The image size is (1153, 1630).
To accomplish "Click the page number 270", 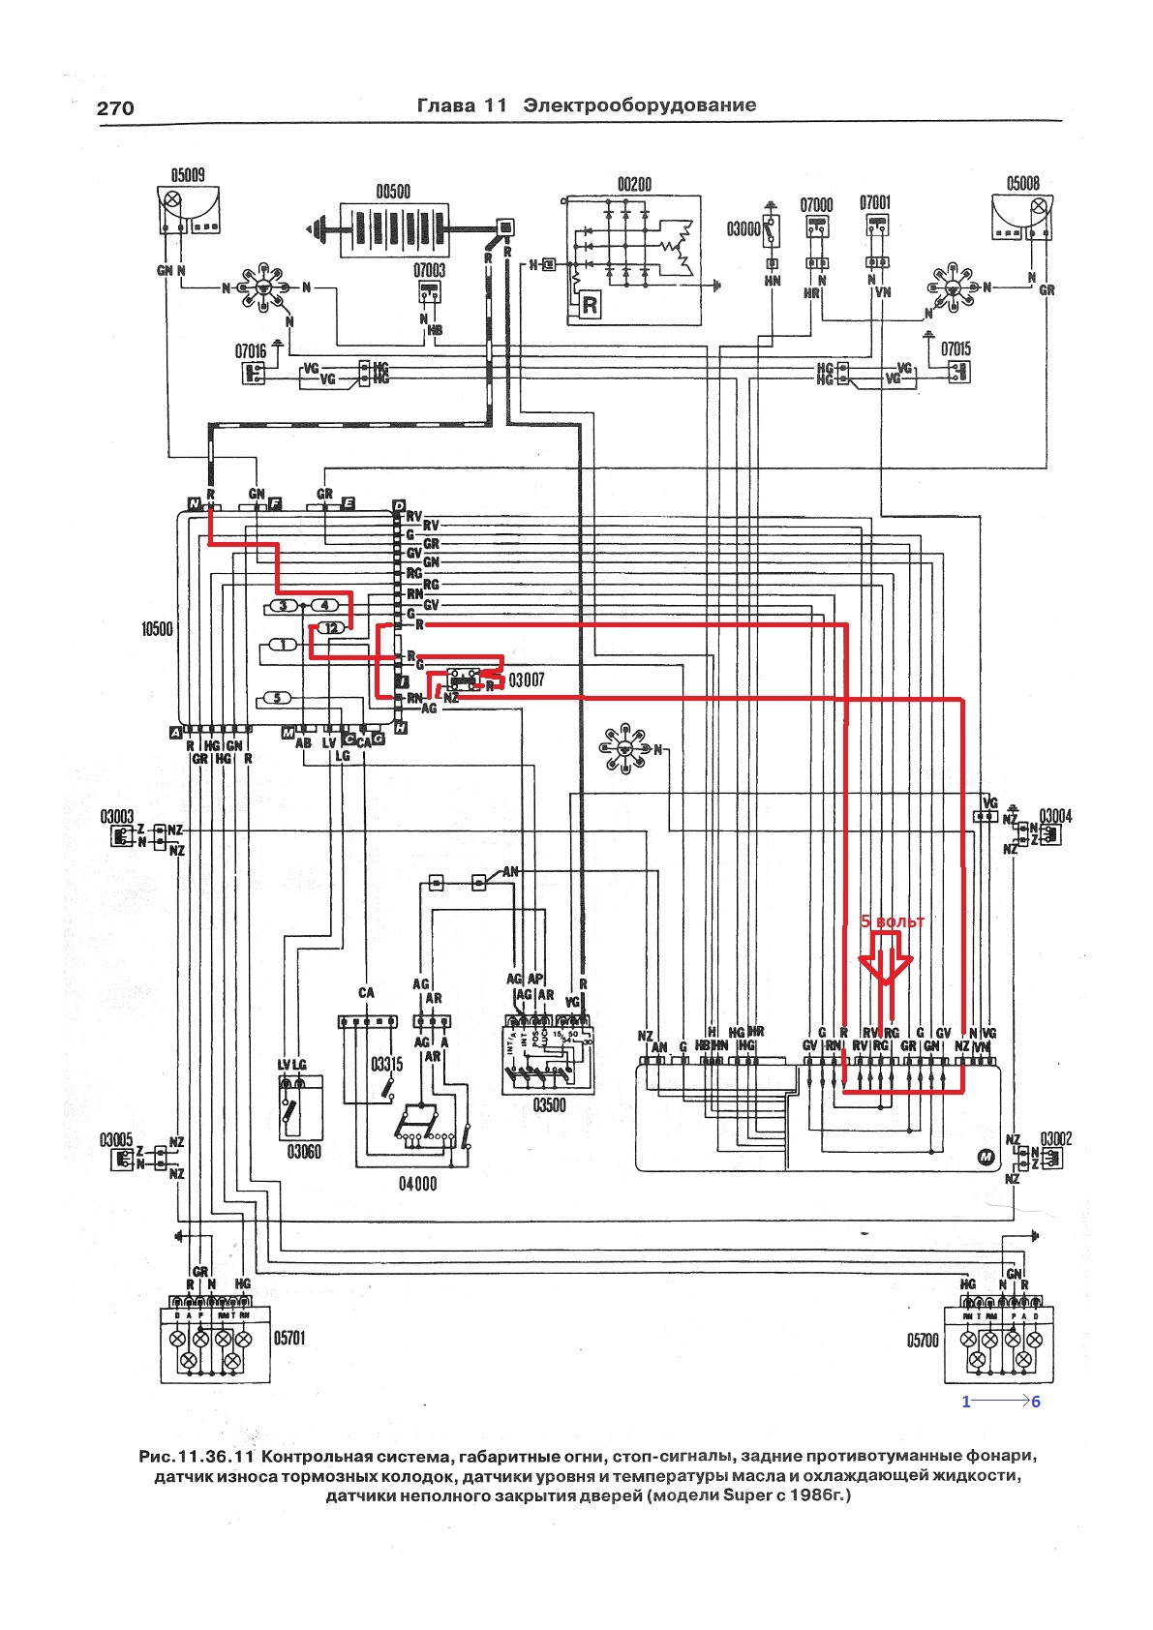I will coord(115,108).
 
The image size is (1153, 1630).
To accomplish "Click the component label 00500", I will coord(392,191).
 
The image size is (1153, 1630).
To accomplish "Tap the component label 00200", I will coord(634,184).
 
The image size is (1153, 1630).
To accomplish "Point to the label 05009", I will coord(187,176).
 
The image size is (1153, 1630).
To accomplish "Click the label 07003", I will coord(430,270).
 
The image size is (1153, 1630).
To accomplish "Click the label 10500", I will coord(155,629).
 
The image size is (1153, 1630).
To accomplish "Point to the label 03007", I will coord(527,680).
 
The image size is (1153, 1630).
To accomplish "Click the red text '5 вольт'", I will coord(893,921).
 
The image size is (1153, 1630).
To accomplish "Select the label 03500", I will coord(548,1105).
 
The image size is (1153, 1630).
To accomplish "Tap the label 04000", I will coord(417,1183).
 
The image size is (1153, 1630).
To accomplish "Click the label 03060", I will coord(303,1152).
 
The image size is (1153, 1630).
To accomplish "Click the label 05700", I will coord(923,1341).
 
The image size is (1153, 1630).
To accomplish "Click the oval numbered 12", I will coord(331,628).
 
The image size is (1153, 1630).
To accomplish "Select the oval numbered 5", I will coord(278,697).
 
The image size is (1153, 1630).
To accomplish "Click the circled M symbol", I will coord(986,1157).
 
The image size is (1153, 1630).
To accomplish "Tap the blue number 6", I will coord(1036,1402).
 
